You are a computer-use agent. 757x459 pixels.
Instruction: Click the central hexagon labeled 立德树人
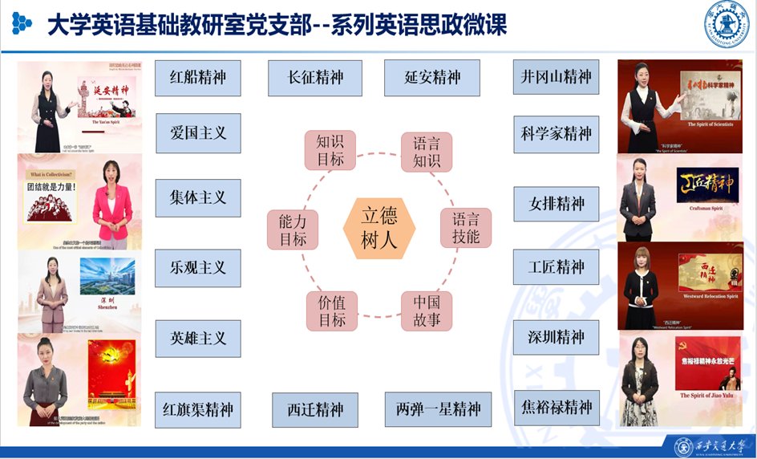tap(379, 228)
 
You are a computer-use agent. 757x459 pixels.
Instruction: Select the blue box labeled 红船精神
tap(197, 78)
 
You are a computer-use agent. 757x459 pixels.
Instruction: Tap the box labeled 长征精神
tap(315, 78)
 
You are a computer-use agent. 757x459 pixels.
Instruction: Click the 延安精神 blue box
tap(432, 78)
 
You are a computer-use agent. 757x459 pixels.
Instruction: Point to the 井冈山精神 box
tap(556, 77)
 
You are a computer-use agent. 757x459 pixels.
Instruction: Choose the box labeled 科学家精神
tap(556, 134)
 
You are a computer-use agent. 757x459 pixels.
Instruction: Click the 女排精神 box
tap(556, 204)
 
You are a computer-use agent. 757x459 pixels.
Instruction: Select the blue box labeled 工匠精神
tap(556, 266)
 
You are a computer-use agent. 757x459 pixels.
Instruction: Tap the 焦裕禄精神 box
tap(556, 407)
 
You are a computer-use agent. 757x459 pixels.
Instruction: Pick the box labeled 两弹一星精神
tap(437, 410)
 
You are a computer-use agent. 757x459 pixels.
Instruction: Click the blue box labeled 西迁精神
tap(315, 410)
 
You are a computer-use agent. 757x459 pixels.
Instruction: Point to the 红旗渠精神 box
tap(197, 410)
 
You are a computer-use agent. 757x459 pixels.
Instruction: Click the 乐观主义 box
tap(197, 268)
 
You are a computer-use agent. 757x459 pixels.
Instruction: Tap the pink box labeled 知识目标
tap(330, 150)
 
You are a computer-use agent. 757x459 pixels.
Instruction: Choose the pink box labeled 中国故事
tap(427, 311)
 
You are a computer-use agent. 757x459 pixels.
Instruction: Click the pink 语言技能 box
tap(466, 228)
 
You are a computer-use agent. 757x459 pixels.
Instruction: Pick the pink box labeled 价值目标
tap(331, 311)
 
